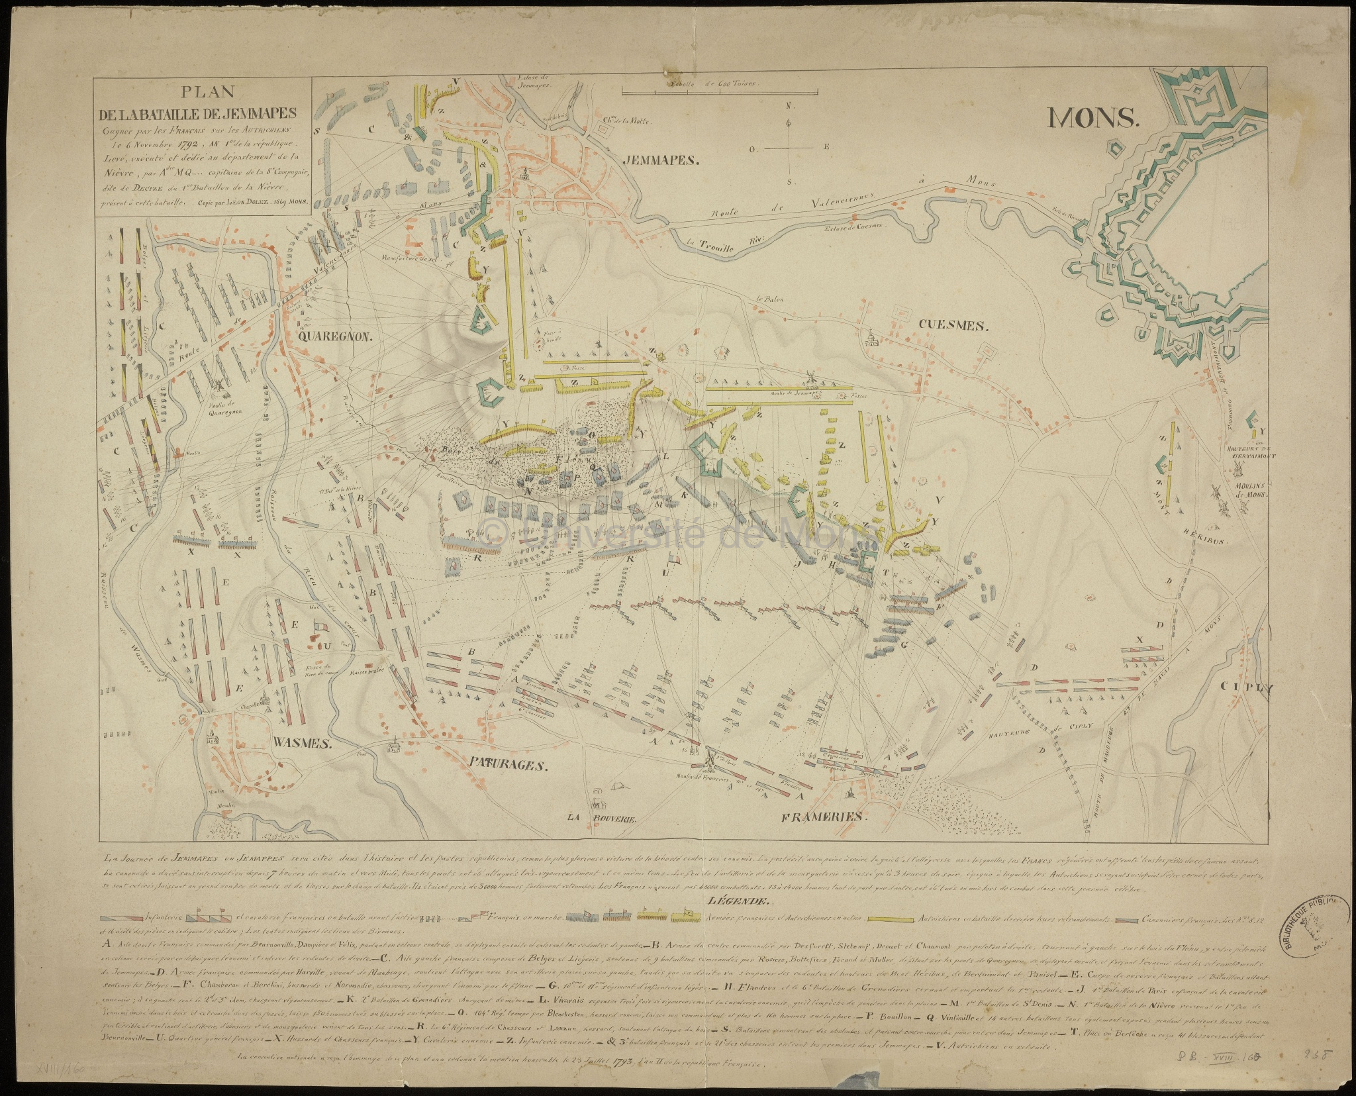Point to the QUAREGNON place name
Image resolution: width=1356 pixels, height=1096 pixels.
point(337,336)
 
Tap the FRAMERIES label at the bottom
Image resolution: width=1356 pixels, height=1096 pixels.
point(824,817)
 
